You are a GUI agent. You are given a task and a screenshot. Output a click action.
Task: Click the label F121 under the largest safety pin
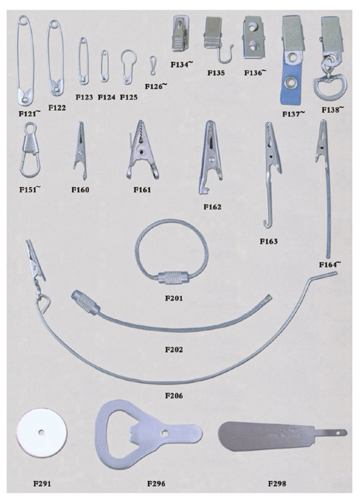[29, 113]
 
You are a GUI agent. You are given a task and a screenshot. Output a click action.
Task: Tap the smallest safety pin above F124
[105, 66]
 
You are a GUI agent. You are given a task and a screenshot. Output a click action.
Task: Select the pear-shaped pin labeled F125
[128, 67]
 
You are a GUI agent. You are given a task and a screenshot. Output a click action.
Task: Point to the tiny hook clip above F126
[153, 66]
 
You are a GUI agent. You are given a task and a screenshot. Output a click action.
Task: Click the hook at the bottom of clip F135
[225, 54]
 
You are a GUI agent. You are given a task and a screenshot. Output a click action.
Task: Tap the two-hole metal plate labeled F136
[254, 38]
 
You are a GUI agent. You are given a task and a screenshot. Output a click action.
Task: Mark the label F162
[212, 207]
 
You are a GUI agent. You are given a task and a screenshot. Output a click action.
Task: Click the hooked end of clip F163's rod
[267, 223]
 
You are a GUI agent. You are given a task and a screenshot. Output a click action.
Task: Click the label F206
[174, 396]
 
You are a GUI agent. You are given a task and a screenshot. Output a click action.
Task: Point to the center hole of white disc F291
[41, 432]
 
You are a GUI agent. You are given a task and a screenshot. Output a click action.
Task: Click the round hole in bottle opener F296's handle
[165, 433]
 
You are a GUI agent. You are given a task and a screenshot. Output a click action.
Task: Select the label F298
[277, 483]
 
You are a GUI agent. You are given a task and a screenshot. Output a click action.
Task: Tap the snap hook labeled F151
[30, 150]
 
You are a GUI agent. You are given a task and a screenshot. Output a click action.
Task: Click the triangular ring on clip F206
[44, 303]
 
